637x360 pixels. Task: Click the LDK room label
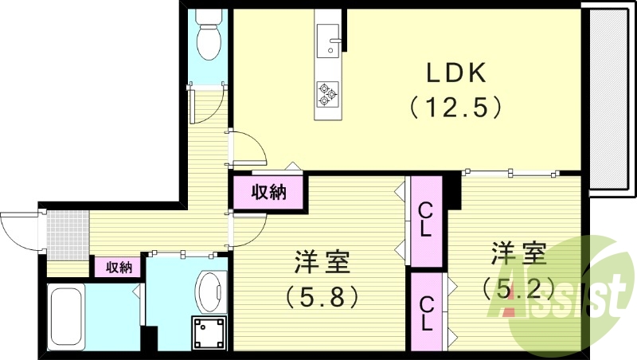pos(456,72)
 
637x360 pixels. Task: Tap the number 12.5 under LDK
pos(456,106)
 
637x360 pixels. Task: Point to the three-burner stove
pos(327,95)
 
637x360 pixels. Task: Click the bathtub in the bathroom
pos(67,315)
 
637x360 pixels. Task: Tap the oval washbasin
pos(211,292)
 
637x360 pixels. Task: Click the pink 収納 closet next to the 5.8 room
pos(268,192)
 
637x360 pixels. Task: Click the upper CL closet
pos(425,221)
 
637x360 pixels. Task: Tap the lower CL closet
pos(425,312)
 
